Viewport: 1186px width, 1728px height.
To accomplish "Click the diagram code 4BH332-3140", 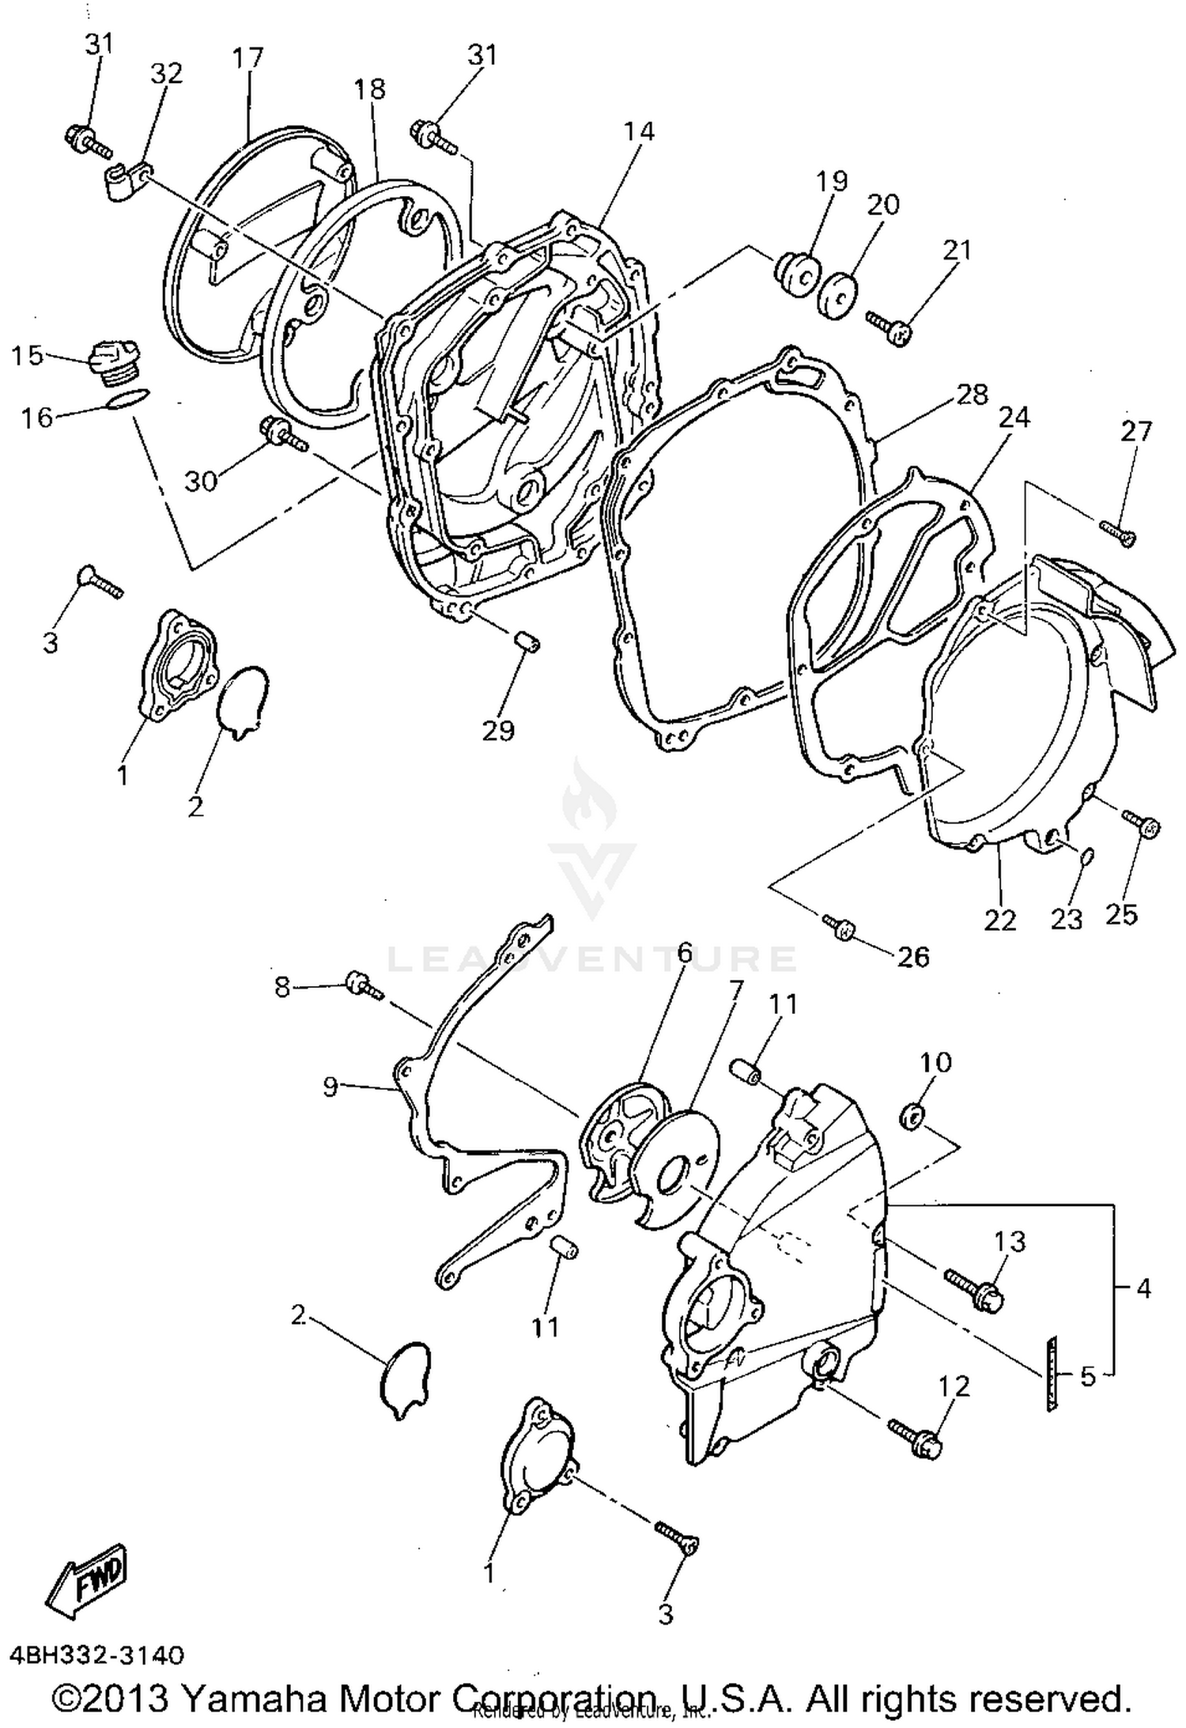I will coord(96,1655).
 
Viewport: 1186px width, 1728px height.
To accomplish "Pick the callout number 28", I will coord(971,395).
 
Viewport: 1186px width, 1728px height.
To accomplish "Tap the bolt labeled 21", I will coord(889,327).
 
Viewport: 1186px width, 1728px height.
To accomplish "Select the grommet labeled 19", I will coord(795,274).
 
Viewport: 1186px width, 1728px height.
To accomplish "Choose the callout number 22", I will coord(999,920).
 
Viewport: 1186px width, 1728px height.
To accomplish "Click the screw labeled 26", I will coord(837,927).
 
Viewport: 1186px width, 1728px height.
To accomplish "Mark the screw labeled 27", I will coord(1117,530).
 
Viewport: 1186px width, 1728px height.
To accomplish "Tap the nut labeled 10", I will coord(912,1117).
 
